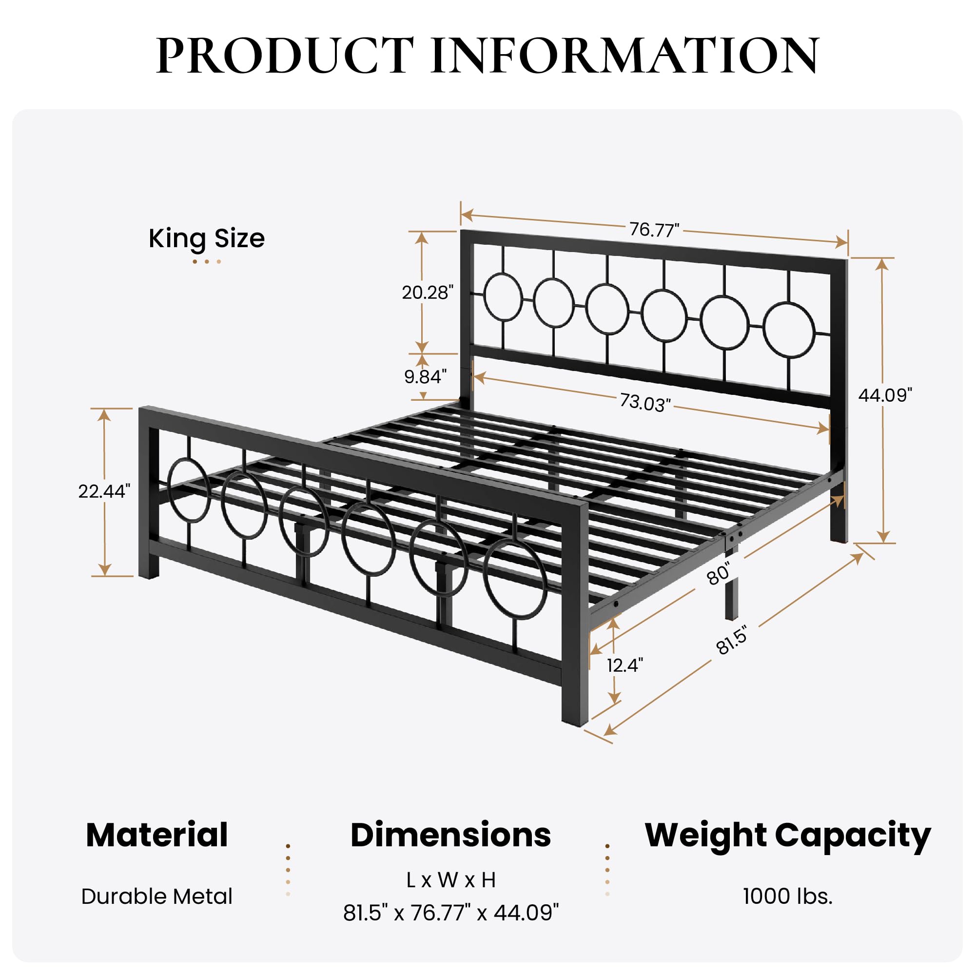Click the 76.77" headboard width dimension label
tap(654, 230)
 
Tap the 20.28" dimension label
tap(428, 292)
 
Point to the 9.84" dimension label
tap(425, 376)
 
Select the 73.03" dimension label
tap(645, 402)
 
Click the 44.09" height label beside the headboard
tap(885, 395)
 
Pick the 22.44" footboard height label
tap(104, 491)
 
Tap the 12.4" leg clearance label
tap(625, 665)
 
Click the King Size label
tap(206, 238)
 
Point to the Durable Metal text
tap(157, 897)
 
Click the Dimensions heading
tap(450, 835)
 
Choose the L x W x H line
tap(450, 879)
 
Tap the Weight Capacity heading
tap(787, 836)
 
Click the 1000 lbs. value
tap(787, 897)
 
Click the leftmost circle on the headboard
tap(503, 297)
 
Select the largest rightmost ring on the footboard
tap(515, 579)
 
